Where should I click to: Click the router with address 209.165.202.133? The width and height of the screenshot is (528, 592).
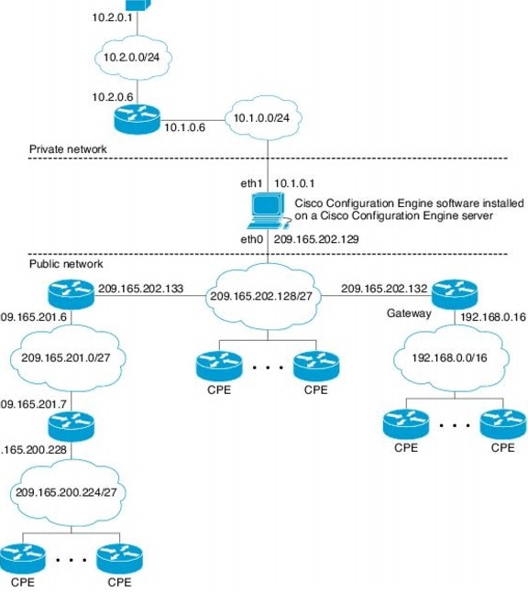[x=71, y=294]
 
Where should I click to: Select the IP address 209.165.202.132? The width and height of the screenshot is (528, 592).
[x=383, y=288]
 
